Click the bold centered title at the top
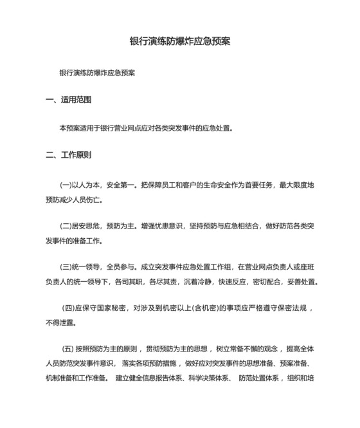pyautogui.click(x=180, y=41)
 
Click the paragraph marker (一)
pyautogui.click(x=66, y=185)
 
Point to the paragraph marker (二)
pyautogui.click(x=66, y=226)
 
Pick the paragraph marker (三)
pyautogui.click(x=66, y=266)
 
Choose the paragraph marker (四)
pyautogui.click(x=69, y=307)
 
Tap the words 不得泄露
pyautogui.click(x=59, y=322)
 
